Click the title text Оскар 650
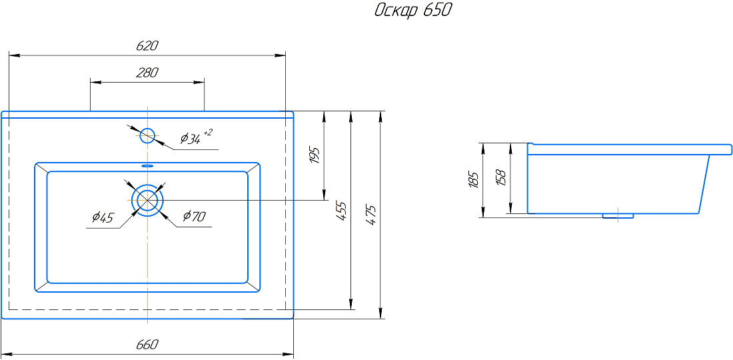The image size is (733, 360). pos(412,11)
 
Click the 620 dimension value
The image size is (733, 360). pos(148,46)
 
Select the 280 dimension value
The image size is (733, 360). pos(148,73)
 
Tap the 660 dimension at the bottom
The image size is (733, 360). pos(148,345)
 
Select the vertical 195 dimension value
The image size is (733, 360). pos(314,155)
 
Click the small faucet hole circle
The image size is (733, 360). pos(148,135)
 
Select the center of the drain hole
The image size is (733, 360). pos(148,199)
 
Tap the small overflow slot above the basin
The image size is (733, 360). pos(148,165)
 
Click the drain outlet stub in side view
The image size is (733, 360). pos(618,215)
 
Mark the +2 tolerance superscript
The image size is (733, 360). pos(208,133)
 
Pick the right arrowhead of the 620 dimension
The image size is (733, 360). pos(280,55)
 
